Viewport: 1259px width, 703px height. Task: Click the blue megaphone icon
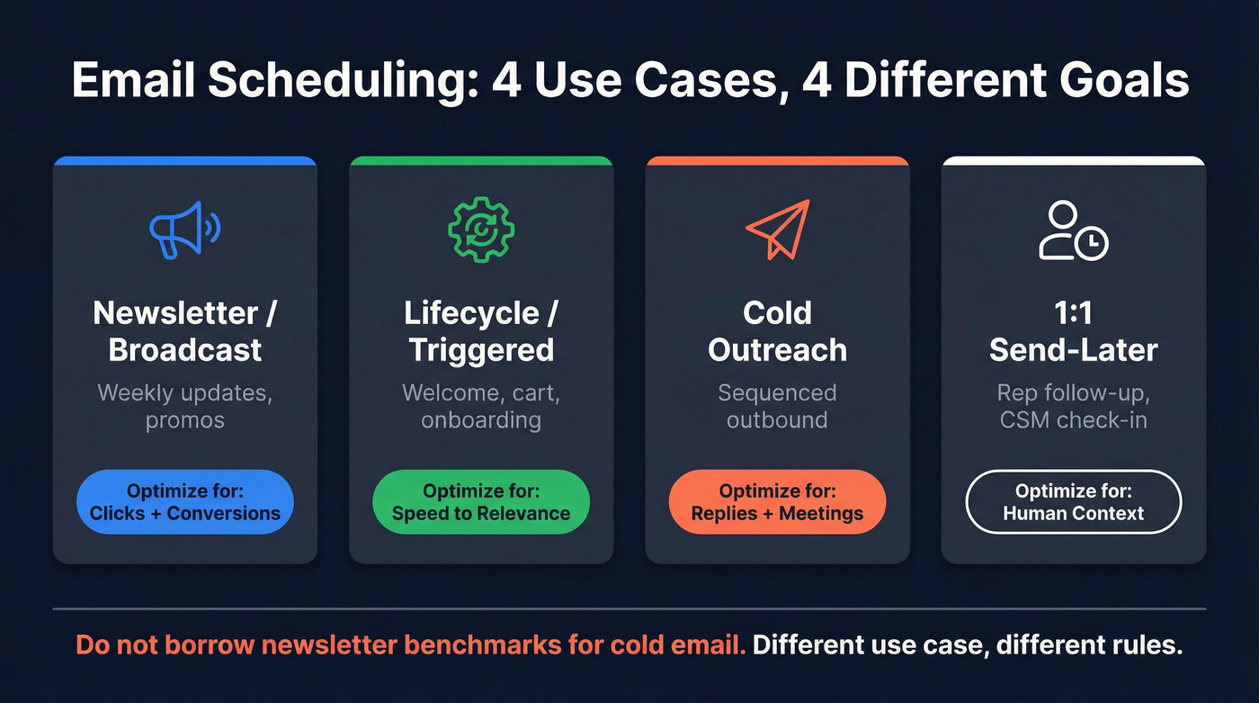pyautogui.click(x=184, y=230)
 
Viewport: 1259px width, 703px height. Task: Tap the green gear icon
pyautogui.click(x=481, y=230)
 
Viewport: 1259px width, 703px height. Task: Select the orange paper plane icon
pyautogui.click(x=778, y=230)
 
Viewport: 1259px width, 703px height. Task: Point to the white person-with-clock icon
pyautogui.click(x=1073, y=231)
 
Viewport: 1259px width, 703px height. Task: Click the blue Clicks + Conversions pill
pyautogui.click(x=185, y=502)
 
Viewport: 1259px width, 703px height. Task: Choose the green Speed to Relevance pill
pyautogui.click(x=481, y=502)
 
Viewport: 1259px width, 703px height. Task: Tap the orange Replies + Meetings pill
pyautogui.click(x=777, y=502)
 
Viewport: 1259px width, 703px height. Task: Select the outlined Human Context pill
pyautogui.click(x=1073, y=502)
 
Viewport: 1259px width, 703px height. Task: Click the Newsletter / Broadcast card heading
pyautogui.click(x=185, y=331)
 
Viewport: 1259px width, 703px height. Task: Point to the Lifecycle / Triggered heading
pyautogui.click(x=481, y=331)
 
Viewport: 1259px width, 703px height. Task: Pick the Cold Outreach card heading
pyautogui.click(x=777, y=331)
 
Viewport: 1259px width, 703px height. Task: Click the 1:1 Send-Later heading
pyautogui.click(x=1073, y=331)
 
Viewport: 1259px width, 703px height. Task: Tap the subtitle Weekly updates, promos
pyautogui.click(x=185, y=407)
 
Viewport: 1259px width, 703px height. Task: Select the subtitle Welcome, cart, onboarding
pyautogui.click(x=481, y=407)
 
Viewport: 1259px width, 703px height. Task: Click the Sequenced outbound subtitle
pyautogui.click(x=777, y=407)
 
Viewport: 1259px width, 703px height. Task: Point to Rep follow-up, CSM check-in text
pyautogui.click(x=1073, y=407)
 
